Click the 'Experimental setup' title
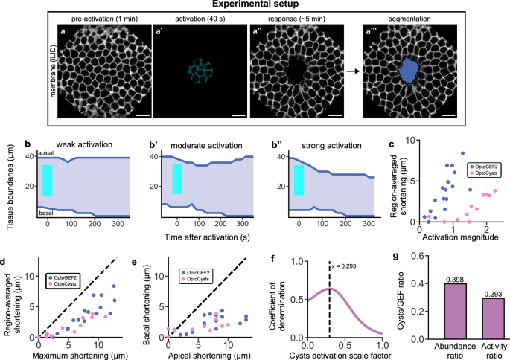point(254,4)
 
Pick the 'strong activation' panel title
point(331,141)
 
